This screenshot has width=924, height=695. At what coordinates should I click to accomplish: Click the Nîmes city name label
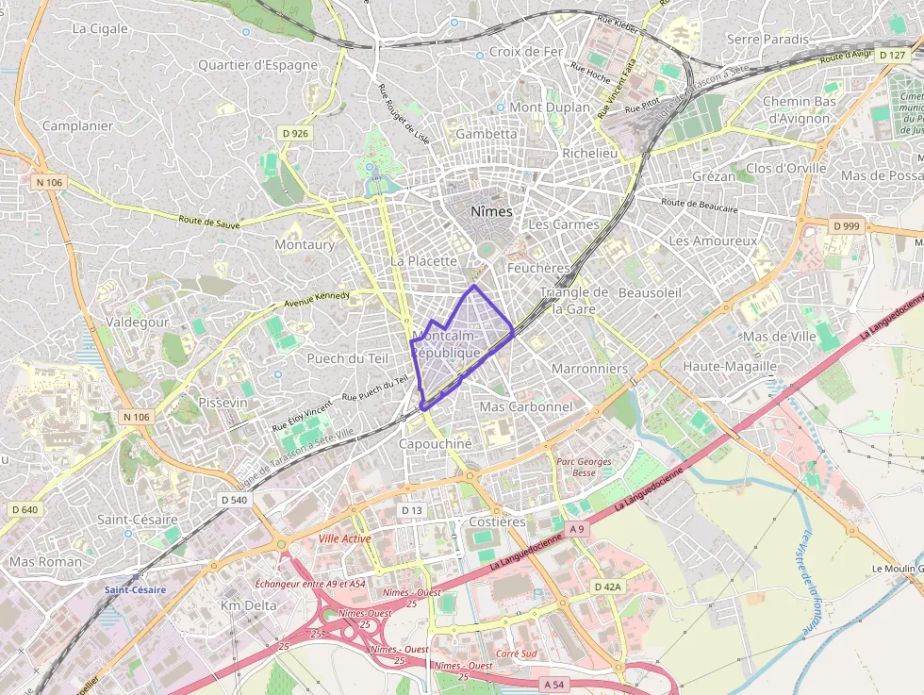pos(491,211)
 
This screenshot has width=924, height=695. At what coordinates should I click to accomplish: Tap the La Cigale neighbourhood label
pos(100,28)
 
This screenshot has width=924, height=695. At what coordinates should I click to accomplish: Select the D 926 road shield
pos(294,134)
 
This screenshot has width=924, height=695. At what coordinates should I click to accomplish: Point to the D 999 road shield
pos(847,226)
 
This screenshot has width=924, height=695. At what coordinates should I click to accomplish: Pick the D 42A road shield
pos(608,587)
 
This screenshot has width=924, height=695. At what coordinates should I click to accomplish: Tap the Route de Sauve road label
pos(209,223)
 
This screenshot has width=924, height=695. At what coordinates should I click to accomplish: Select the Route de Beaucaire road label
pos(699,205)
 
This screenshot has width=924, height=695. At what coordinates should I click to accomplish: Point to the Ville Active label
pos(344,538)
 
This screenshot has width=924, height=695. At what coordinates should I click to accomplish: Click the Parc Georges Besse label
pos(584,467)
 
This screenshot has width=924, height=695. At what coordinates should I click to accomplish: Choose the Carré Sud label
pos(516,654)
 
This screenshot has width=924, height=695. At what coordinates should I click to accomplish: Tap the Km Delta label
pos(249,605)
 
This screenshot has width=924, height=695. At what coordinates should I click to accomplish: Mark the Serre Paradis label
pos(767,39)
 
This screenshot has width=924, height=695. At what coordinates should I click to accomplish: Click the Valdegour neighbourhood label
pos(138,322)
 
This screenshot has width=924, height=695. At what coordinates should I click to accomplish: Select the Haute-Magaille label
pos(730,366)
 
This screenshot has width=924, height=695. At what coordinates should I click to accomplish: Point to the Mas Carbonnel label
pos(526,406)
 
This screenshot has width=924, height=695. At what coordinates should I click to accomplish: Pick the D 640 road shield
pos(25,510)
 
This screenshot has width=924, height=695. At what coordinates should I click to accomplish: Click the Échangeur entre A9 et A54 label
pos(310,584)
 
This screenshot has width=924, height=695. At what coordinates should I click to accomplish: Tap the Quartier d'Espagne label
pos(257,65)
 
